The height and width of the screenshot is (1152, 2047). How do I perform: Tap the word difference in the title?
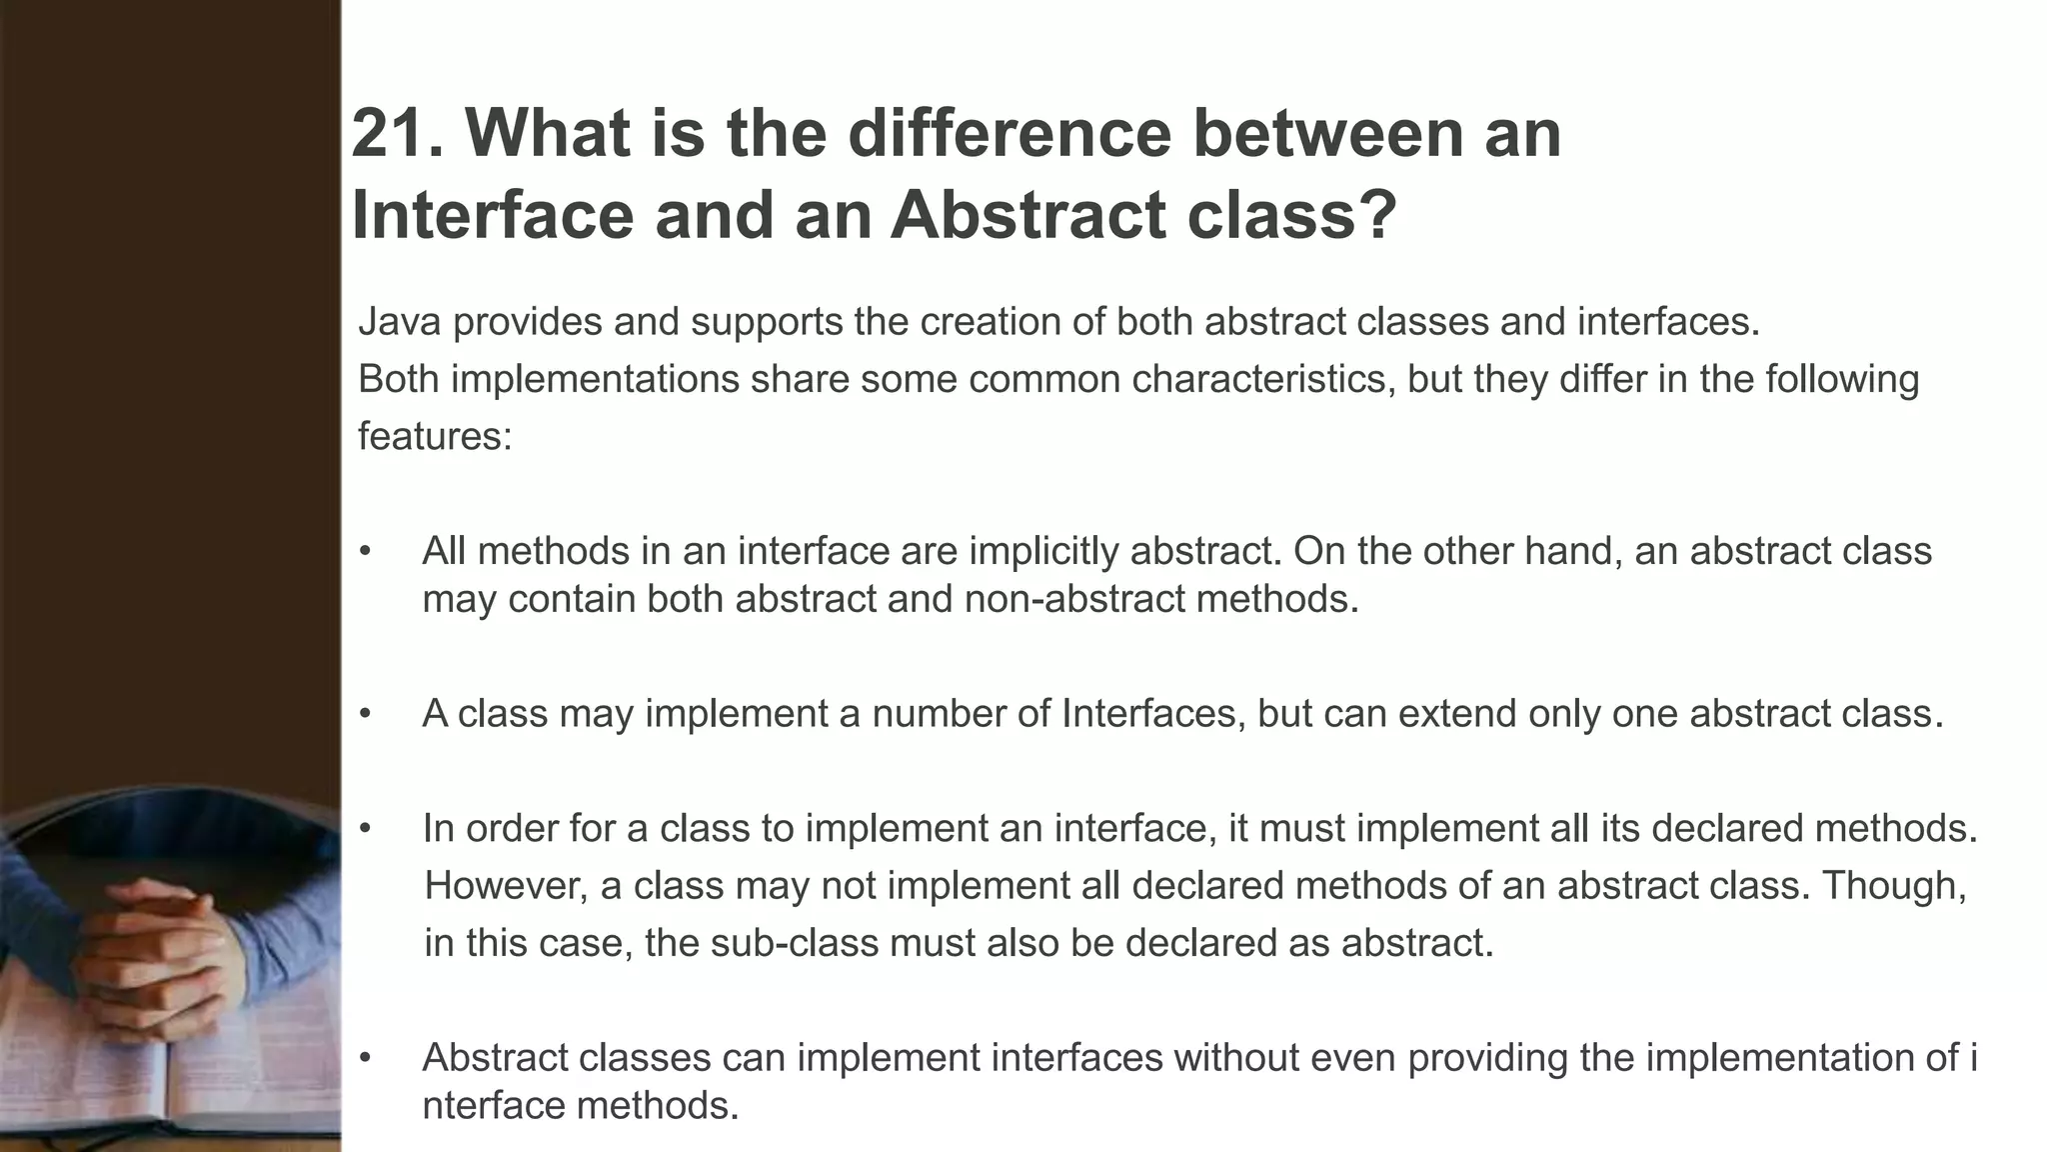[1009, 133]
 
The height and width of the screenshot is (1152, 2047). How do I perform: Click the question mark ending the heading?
[1375, 215]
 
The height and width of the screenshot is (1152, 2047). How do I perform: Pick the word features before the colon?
[430, 437]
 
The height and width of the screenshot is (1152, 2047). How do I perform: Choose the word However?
[506, 886]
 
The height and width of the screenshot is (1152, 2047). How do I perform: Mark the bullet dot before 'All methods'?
[366, 551]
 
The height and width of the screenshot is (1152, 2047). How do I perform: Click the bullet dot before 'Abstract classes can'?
[366, 1058]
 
